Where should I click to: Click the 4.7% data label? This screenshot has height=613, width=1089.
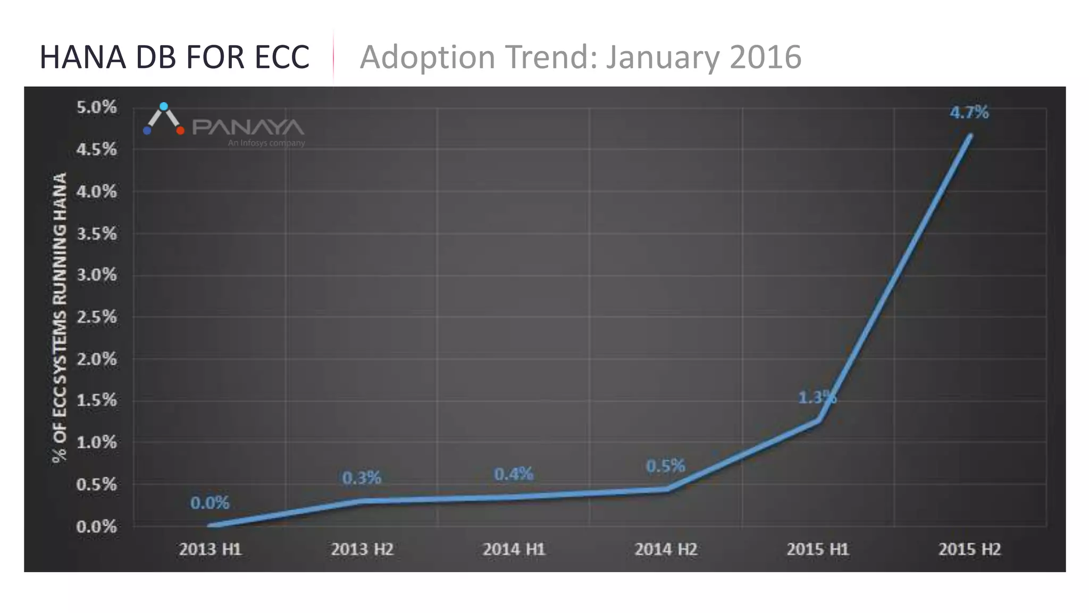click(x=969, y=113)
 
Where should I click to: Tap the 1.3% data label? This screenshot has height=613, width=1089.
click(x=817, y=397)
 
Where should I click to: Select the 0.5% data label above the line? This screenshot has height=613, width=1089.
click(x=665, y=466)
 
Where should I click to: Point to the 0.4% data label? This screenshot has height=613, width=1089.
click(x=513, y=474)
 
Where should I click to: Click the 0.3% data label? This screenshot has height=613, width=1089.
click(x=362, y=478)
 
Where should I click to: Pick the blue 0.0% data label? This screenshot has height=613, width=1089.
click(x=210, y=503)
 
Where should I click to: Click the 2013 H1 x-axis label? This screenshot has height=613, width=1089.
click(x=210, y=549)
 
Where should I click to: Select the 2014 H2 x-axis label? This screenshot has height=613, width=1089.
click(x=666, y=549)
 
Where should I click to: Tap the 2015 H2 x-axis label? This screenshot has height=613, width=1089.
click(x=969, y=549)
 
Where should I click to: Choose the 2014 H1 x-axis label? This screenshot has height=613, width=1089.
click(x=514, y=549)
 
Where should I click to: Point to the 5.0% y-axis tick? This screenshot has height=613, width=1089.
click(x=96, y=107)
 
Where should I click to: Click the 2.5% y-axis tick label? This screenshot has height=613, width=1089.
click(x=96, y=317)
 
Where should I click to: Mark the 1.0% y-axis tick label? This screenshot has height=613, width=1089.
click(x=96, y=442)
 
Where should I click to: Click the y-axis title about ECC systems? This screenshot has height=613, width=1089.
click(x=60, y=317)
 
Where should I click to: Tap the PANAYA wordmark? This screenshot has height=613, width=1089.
click(x=248, y=128)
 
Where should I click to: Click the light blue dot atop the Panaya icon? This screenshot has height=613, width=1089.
click(x=164, y=106)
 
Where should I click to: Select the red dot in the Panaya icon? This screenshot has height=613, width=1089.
click(x=180, y=130)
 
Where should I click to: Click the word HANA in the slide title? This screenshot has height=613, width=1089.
click(x=82, y=57)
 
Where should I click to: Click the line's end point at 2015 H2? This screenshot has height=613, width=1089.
click(x=970, y=136)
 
